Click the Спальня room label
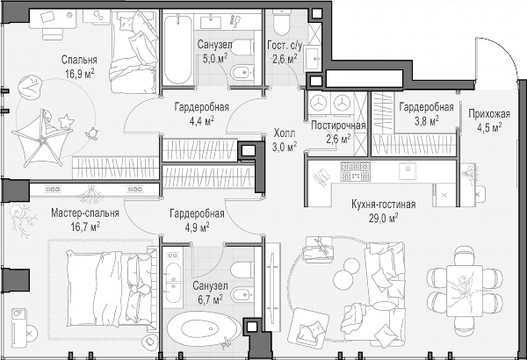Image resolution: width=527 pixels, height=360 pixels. [79, 60]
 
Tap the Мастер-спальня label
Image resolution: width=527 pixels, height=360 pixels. [85, 213]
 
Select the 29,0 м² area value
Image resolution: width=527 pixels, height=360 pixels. [384, 218]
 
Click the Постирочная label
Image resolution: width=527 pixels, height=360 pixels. [338, 126]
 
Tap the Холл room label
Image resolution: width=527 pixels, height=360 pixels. [285, 133]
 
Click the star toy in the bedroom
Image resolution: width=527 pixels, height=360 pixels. [66, 121]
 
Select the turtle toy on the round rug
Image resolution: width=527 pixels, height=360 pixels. [91, 133]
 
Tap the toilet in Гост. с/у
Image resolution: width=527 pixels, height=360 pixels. [282, 22]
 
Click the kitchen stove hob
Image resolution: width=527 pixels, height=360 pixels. [355, 171]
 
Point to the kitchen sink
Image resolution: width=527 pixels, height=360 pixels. [408, 171]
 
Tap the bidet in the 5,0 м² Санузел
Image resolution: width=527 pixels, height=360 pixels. [242, 72]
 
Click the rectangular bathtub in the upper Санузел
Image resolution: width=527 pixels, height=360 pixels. [177, 49]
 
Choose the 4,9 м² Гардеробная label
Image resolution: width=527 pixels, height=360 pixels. [197, 220]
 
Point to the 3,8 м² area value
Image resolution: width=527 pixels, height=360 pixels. [426, 120]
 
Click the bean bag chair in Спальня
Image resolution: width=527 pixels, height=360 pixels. [30, 85]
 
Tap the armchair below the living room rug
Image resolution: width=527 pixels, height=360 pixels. [310, 327]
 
